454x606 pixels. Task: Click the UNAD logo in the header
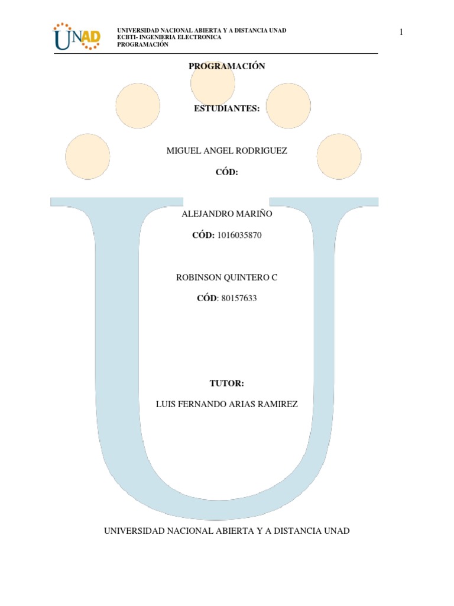pos(77,37)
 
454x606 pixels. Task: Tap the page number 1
pos(401,32)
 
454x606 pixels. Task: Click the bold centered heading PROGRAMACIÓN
pos(227,66)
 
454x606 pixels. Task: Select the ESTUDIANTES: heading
pos(227,108)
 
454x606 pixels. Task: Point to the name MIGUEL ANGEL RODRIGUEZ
pos(227,151)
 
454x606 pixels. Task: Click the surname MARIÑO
pos(255,214)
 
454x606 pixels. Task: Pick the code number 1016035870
pos(239,235)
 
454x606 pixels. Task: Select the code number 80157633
pos(238,298)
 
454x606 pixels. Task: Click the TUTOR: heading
pos(227,383)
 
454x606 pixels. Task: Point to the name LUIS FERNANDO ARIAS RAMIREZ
pos(227,404)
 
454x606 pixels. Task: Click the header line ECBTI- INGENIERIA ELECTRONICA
pos(170,37)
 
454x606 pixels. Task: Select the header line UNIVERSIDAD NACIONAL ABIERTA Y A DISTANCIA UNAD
pos(202,30)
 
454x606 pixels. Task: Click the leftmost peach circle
pos(87,157)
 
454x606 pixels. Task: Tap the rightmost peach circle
pos(339,157)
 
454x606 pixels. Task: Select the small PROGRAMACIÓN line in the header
pos(142,44)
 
